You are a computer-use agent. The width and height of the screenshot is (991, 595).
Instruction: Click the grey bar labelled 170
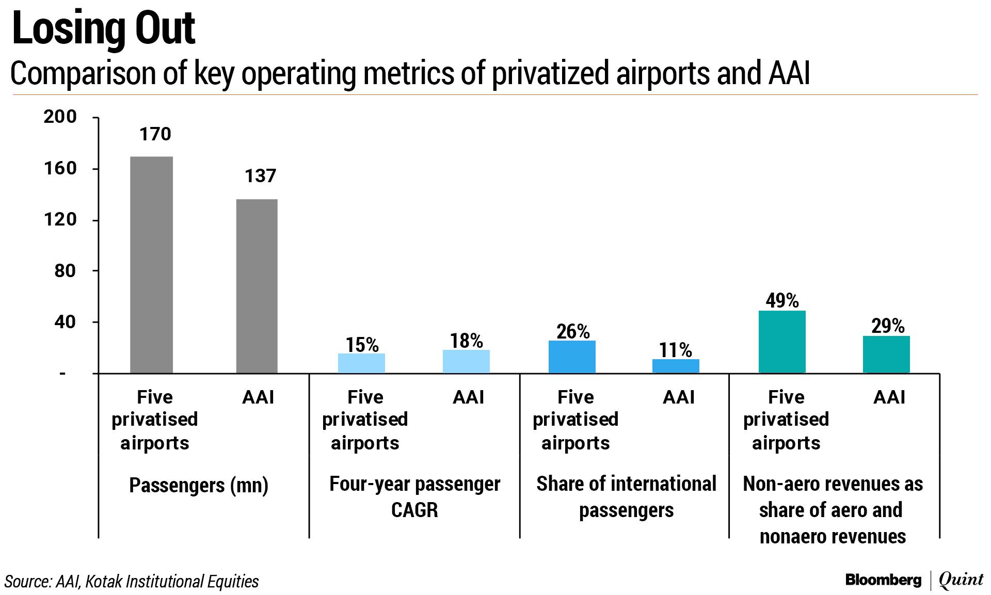(151, 264)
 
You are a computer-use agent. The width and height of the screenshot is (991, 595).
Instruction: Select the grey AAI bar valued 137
(257, 286)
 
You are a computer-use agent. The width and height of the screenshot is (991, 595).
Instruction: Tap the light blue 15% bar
(361, 363)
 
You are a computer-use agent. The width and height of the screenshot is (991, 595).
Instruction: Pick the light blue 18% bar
(466, 361)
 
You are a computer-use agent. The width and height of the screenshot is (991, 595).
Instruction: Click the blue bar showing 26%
(572, 357)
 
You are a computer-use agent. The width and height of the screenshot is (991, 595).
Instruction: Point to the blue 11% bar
(676, 366)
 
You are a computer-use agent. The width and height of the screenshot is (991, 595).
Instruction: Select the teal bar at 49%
(782, 342)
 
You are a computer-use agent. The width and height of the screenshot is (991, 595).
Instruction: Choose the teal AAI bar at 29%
(886, 354)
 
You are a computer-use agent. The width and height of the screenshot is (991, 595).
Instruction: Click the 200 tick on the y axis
(60, 117)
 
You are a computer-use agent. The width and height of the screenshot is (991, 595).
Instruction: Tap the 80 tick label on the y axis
(65, 270)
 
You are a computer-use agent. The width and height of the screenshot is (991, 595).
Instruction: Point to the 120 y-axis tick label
(60, 219)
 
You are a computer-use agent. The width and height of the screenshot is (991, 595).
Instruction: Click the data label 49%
(782, 300)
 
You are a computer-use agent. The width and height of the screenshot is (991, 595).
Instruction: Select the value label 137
(260, 176)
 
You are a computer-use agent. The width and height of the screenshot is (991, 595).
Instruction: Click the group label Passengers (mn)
(199, 485)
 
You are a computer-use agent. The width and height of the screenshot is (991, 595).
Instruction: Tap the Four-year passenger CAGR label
(414, 496)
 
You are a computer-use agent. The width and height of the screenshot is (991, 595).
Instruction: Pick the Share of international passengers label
(626, 496)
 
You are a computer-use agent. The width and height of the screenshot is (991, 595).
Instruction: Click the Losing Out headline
(103, 28)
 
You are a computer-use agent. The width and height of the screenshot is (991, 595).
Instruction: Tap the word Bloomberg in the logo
(883, 580)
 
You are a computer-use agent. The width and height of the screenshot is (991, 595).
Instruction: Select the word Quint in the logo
(961, 580)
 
